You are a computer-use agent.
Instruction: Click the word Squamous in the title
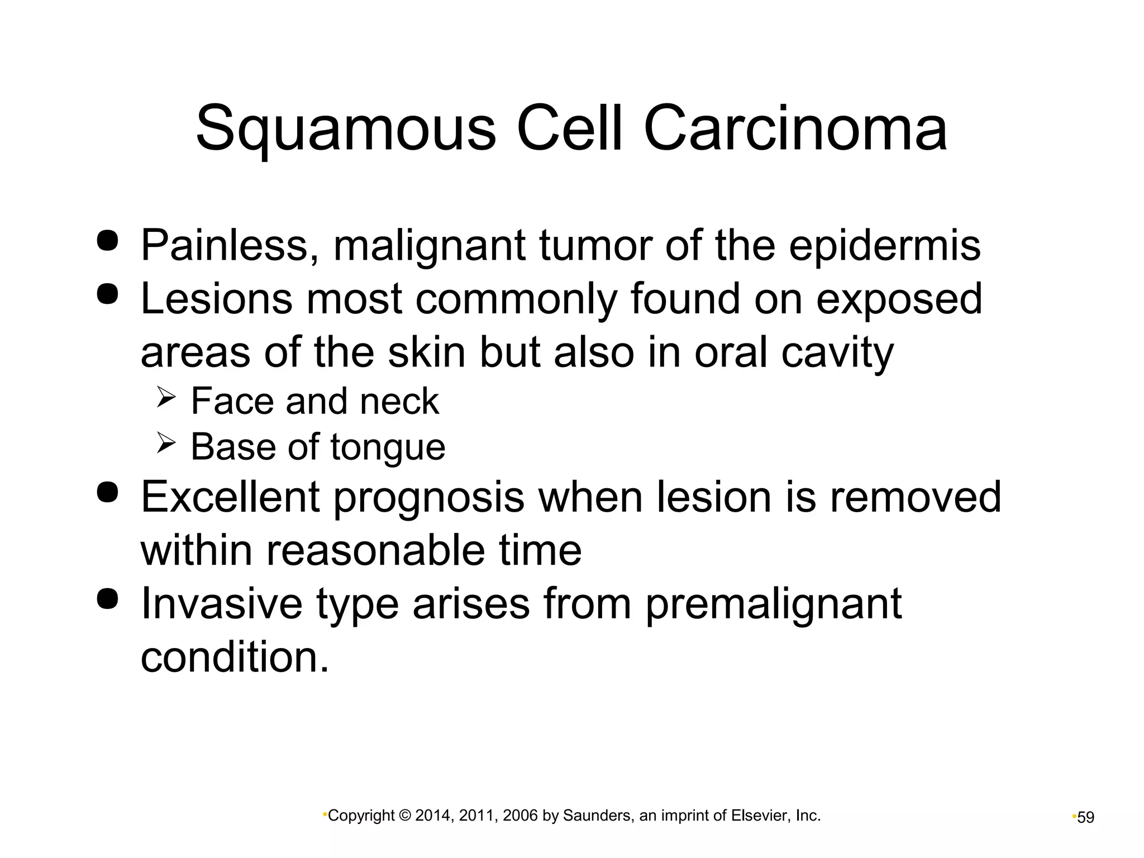click(345, 130)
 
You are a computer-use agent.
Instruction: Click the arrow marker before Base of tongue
click(166, 444)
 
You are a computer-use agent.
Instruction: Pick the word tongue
click(388, 448)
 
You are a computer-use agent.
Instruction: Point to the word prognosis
click(428, 498)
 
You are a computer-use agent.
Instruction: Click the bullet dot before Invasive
click(107, 598)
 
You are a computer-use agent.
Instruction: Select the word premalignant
click(774, 604)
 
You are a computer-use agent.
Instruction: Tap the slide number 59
click(1085, 817)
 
